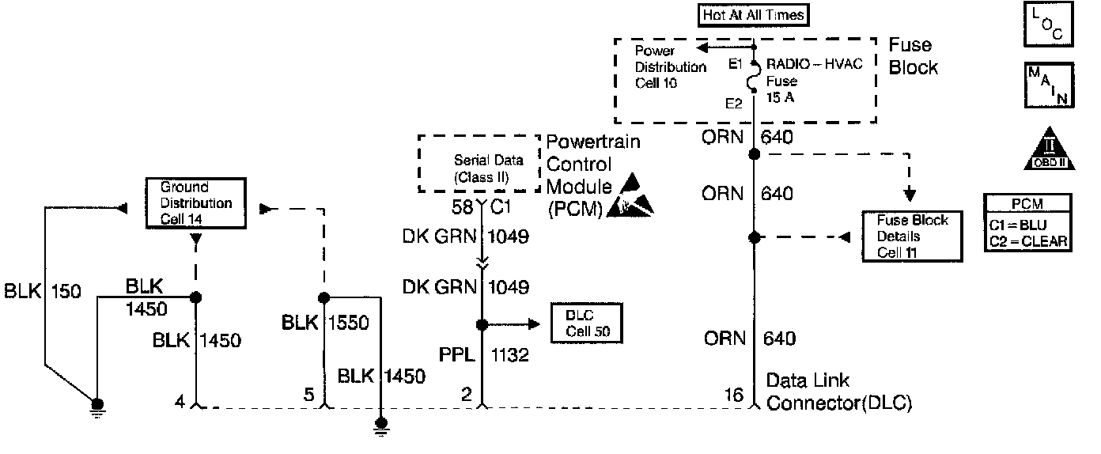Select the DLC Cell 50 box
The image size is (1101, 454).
tap(585, 323)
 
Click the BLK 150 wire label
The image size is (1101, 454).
tap(42, 290)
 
